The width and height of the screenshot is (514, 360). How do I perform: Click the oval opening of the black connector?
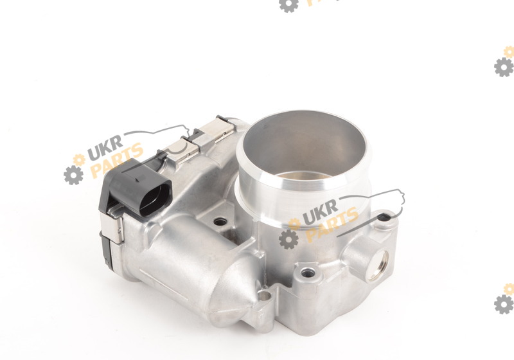155,199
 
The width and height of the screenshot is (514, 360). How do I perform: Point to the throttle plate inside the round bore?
304,175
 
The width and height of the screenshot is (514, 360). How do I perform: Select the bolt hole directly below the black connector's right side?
220,222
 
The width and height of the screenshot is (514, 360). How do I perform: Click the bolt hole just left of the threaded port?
308,272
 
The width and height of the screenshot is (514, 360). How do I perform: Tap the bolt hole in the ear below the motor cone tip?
264,296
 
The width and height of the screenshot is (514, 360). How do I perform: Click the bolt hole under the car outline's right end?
384,217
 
